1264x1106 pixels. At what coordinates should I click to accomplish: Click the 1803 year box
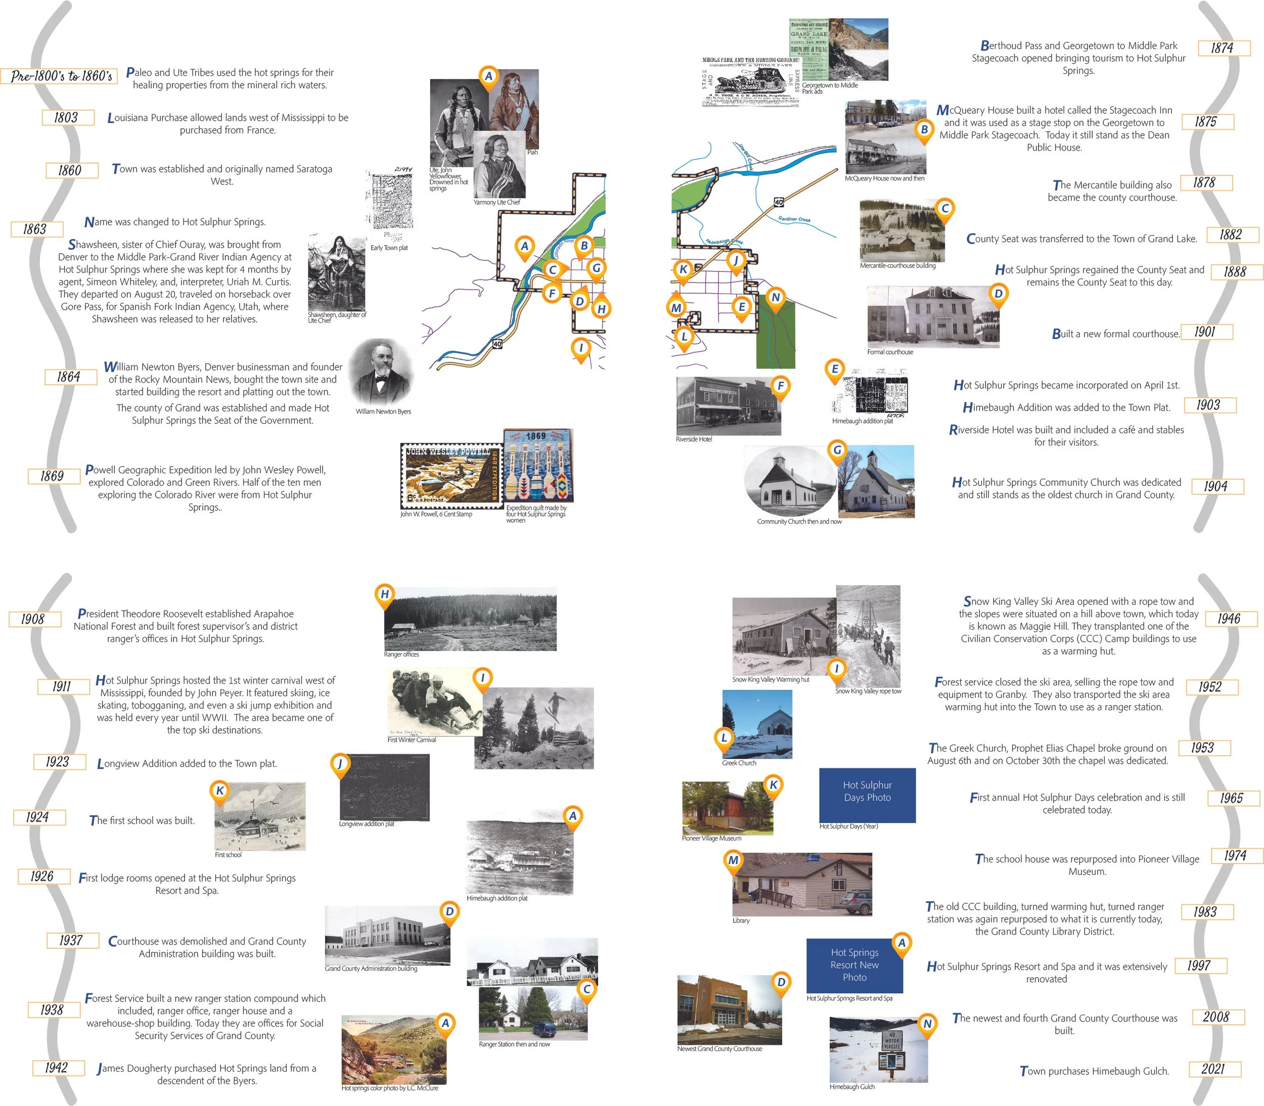click(x=67, y=118)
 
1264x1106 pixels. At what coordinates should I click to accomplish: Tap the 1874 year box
click(x=1223, y=48)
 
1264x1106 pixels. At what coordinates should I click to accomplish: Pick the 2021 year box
click(x=1213, y=1069)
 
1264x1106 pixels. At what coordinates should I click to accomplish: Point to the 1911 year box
click(x=62, y=687)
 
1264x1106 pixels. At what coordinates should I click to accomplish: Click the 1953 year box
click(x=1203, y=748)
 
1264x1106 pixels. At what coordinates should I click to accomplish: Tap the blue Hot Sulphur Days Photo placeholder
click(x=867, y=795)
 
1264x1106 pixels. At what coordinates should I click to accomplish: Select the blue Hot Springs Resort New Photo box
click(x=855, y=965)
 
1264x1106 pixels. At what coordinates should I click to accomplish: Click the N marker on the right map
click(x=776, y=298)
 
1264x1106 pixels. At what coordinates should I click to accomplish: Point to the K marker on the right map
click(x=683, y=270)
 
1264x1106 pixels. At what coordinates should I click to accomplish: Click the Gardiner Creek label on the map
click(x=794, y=219)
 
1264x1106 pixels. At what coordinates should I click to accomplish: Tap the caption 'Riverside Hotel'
click(x=694, y=439)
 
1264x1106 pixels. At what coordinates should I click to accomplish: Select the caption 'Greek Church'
click(x=739, y=763)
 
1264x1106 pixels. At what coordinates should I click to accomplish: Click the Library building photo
click(x=802, y=885)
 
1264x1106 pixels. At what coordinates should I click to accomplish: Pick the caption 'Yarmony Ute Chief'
click(x=497, y=202)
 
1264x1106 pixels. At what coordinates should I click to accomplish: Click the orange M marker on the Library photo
click(x=733, y=860)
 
